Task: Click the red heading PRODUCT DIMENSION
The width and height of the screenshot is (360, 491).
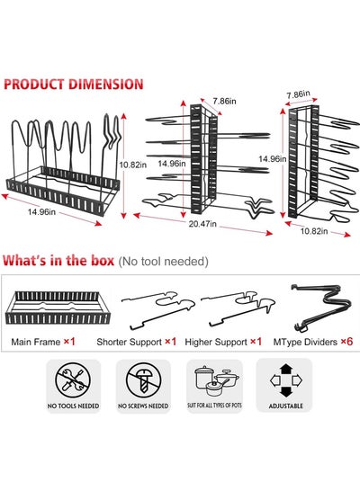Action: pos(73,85)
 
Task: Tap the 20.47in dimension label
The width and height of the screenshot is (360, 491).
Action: pos(202,224)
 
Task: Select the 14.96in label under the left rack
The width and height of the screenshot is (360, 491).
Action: pos(41,212)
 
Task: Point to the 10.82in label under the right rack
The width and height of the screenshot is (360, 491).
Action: pos(314,231)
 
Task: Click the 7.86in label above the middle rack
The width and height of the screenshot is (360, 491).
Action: pos(224,101)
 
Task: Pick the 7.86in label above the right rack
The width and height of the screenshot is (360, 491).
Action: pos(298,94)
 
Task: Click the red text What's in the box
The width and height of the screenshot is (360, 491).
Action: pos(58,261)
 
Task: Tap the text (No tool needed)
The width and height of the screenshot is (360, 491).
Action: pos(163,262)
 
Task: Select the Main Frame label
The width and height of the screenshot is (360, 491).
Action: pos(36,342)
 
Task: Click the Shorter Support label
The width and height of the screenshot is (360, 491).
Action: pos(129,342)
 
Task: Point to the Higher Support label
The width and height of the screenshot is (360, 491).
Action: pos(216,342)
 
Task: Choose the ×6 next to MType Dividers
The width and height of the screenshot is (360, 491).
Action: pos(346,342)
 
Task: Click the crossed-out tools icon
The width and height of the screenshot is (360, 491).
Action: pos(73,380)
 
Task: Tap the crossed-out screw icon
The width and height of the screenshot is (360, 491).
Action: pos(143,380)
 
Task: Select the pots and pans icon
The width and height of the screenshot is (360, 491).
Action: pos(217,380)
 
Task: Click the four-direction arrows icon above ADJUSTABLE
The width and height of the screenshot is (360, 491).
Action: pos(285,380)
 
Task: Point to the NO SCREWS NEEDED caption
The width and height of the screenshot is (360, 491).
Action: pos(143,406)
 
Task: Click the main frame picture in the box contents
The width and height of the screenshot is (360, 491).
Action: pos(58,308)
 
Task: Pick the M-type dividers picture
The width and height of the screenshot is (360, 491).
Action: pos(321,308)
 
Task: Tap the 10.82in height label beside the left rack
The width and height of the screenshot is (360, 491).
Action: pos(133,165)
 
